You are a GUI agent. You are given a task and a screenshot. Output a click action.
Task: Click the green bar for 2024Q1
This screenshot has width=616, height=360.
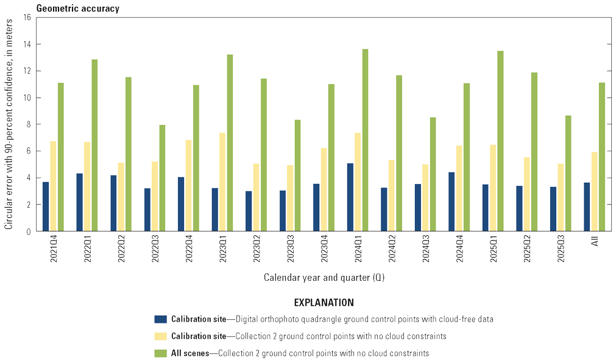(365, 140)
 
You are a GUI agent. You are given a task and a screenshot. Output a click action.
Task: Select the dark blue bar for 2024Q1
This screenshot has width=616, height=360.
(350, 197)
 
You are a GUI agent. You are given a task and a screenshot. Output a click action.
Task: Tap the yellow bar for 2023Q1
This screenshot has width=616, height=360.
(222, 182)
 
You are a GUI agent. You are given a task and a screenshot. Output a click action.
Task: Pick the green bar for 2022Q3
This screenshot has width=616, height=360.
(162, 178)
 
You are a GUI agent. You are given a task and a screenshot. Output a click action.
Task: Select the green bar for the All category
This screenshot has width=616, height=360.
(601, 157)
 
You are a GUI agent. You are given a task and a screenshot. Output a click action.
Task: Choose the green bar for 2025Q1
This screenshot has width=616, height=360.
(500, 141)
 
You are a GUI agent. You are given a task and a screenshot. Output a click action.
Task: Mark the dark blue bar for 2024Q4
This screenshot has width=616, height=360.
(451, 202)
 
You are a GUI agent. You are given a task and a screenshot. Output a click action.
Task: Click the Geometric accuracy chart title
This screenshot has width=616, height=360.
(78, 9)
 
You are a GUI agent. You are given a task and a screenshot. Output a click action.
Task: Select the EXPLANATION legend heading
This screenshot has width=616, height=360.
(324, 302)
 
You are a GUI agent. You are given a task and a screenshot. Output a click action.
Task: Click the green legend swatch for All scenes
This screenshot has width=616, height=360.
(161, 353)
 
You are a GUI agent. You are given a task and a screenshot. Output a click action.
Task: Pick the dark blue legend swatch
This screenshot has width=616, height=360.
(161, 319)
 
